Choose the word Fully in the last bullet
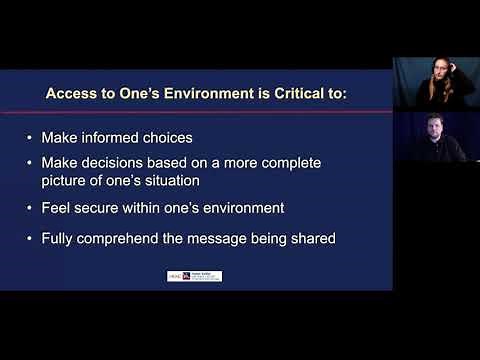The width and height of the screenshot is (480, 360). (x=59, y=238)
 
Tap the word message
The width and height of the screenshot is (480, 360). (x=225, y=238)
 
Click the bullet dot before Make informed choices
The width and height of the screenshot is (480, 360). (x=30, y=137)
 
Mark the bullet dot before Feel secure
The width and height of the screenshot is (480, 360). (x=30, y=208)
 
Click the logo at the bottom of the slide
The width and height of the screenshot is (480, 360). (x=194, y=276)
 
